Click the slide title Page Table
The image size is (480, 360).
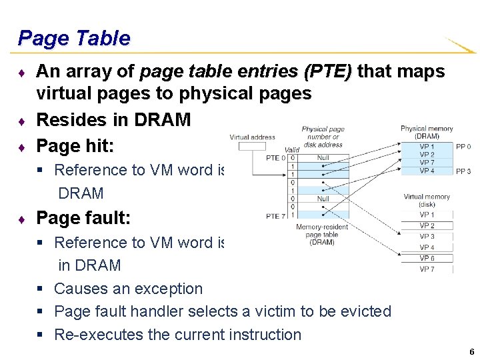(74, 38)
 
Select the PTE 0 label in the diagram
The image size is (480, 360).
(275, 158)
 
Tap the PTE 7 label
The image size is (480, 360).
(275, 215)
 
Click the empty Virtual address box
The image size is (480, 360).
(252, 146)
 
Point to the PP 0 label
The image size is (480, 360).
(463, 147)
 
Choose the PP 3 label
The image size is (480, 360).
(463, 171)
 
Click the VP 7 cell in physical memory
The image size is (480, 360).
(427, 163)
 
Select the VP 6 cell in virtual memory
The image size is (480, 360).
(427, 258)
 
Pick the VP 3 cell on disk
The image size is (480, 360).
(427, 237)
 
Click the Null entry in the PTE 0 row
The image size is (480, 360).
(323, 158)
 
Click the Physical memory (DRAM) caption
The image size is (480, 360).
(427, 132)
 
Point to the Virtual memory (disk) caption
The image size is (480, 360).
(427, 201)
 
